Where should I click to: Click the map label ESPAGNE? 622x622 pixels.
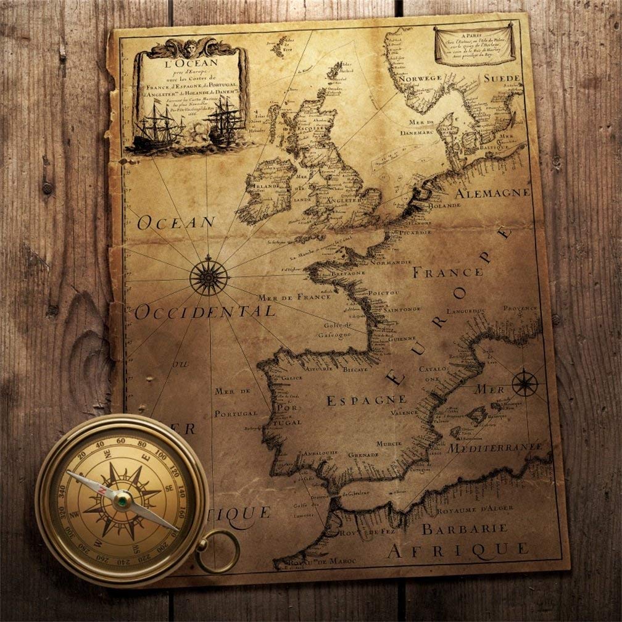366,400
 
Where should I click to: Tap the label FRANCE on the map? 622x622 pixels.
447,272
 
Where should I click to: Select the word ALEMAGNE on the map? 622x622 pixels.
492,193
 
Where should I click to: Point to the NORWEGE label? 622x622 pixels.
420,78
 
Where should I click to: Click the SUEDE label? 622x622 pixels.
502,78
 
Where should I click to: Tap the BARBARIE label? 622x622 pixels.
465,529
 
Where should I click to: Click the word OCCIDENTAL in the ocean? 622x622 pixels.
204,312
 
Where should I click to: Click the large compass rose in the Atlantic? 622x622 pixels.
209,275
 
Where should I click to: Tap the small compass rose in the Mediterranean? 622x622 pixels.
525,383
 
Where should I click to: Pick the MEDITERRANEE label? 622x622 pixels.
495,447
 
